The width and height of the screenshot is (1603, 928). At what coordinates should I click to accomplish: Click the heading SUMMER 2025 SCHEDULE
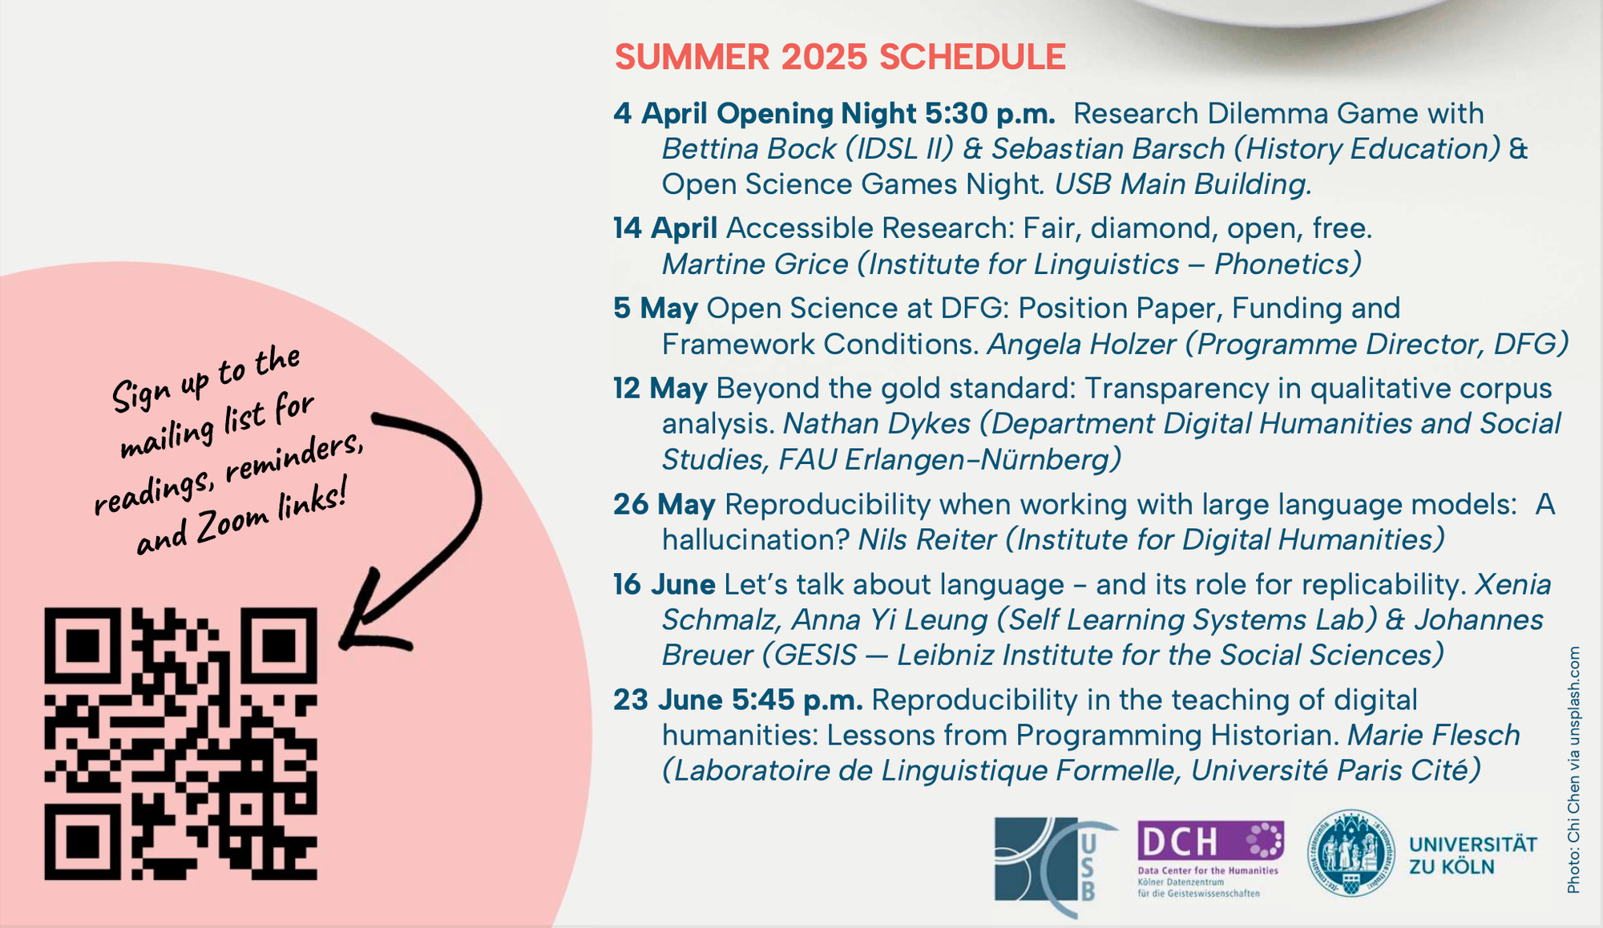pos(840,57)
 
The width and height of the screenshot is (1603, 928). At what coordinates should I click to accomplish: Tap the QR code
pos(181,744)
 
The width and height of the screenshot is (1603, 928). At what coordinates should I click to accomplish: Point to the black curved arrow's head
pos(369,617)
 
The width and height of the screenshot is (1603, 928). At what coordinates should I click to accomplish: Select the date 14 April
pos(665,228)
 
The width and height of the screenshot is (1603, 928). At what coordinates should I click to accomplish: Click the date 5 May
pos(656,309)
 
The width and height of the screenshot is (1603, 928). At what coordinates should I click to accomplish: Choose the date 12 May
pos(660,389)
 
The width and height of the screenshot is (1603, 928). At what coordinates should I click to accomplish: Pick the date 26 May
pos(664,505)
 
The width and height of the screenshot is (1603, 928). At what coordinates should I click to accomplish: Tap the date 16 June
pos(664,585)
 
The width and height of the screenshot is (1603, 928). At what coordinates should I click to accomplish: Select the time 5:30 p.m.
pos(990,114)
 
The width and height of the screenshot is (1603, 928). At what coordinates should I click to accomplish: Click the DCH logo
pos(1210,859)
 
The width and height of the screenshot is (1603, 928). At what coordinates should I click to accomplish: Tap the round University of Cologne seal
pos(1351,853)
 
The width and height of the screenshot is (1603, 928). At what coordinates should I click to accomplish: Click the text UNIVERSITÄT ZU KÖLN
pos(1473,856)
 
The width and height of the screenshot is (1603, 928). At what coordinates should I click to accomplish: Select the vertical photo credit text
pos(1573,770)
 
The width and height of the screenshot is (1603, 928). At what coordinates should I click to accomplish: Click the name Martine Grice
pos(755,264)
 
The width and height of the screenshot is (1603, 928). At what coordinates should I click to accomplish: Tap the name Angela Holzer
pos(1081,345)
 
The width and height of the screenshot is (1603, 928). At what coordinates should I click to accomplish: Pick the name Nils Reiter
pos(927,540)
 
